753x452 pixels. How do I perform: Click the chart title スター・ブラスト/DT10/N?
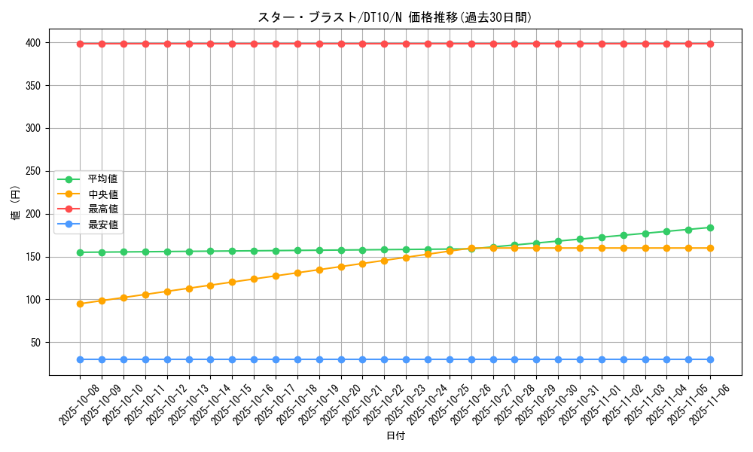[x=395, y=17]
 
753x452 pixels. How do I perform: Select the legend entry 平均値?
[x=102, y=179]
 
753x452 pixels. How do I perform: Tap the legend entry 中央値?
[x=102, y=194]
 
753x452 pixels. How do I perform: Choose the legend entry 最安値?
[x=102, y=224]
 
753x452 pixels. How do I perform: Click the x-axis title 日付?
[x=395, y=436]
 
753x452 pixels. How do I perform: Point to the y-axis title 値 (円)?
[x=15, y=203]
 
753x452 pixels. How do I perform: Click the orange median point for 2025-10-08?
[x=80, y=304]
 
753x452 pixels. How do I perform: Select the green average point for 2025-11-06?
[x=710, y=228]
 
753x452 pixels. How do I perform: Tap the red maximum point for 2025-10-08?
[x=80, y=44]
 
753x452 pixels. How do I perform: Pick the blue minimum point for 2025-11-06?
[x=710, y=359]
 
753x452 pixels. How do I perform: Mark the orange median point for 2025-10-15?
[x=232, y=282]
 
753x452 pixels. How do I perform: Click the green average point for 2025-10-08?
[x=80, y=252]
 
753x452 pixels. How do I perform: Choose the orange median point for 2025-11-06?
[x=710, y=248]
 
